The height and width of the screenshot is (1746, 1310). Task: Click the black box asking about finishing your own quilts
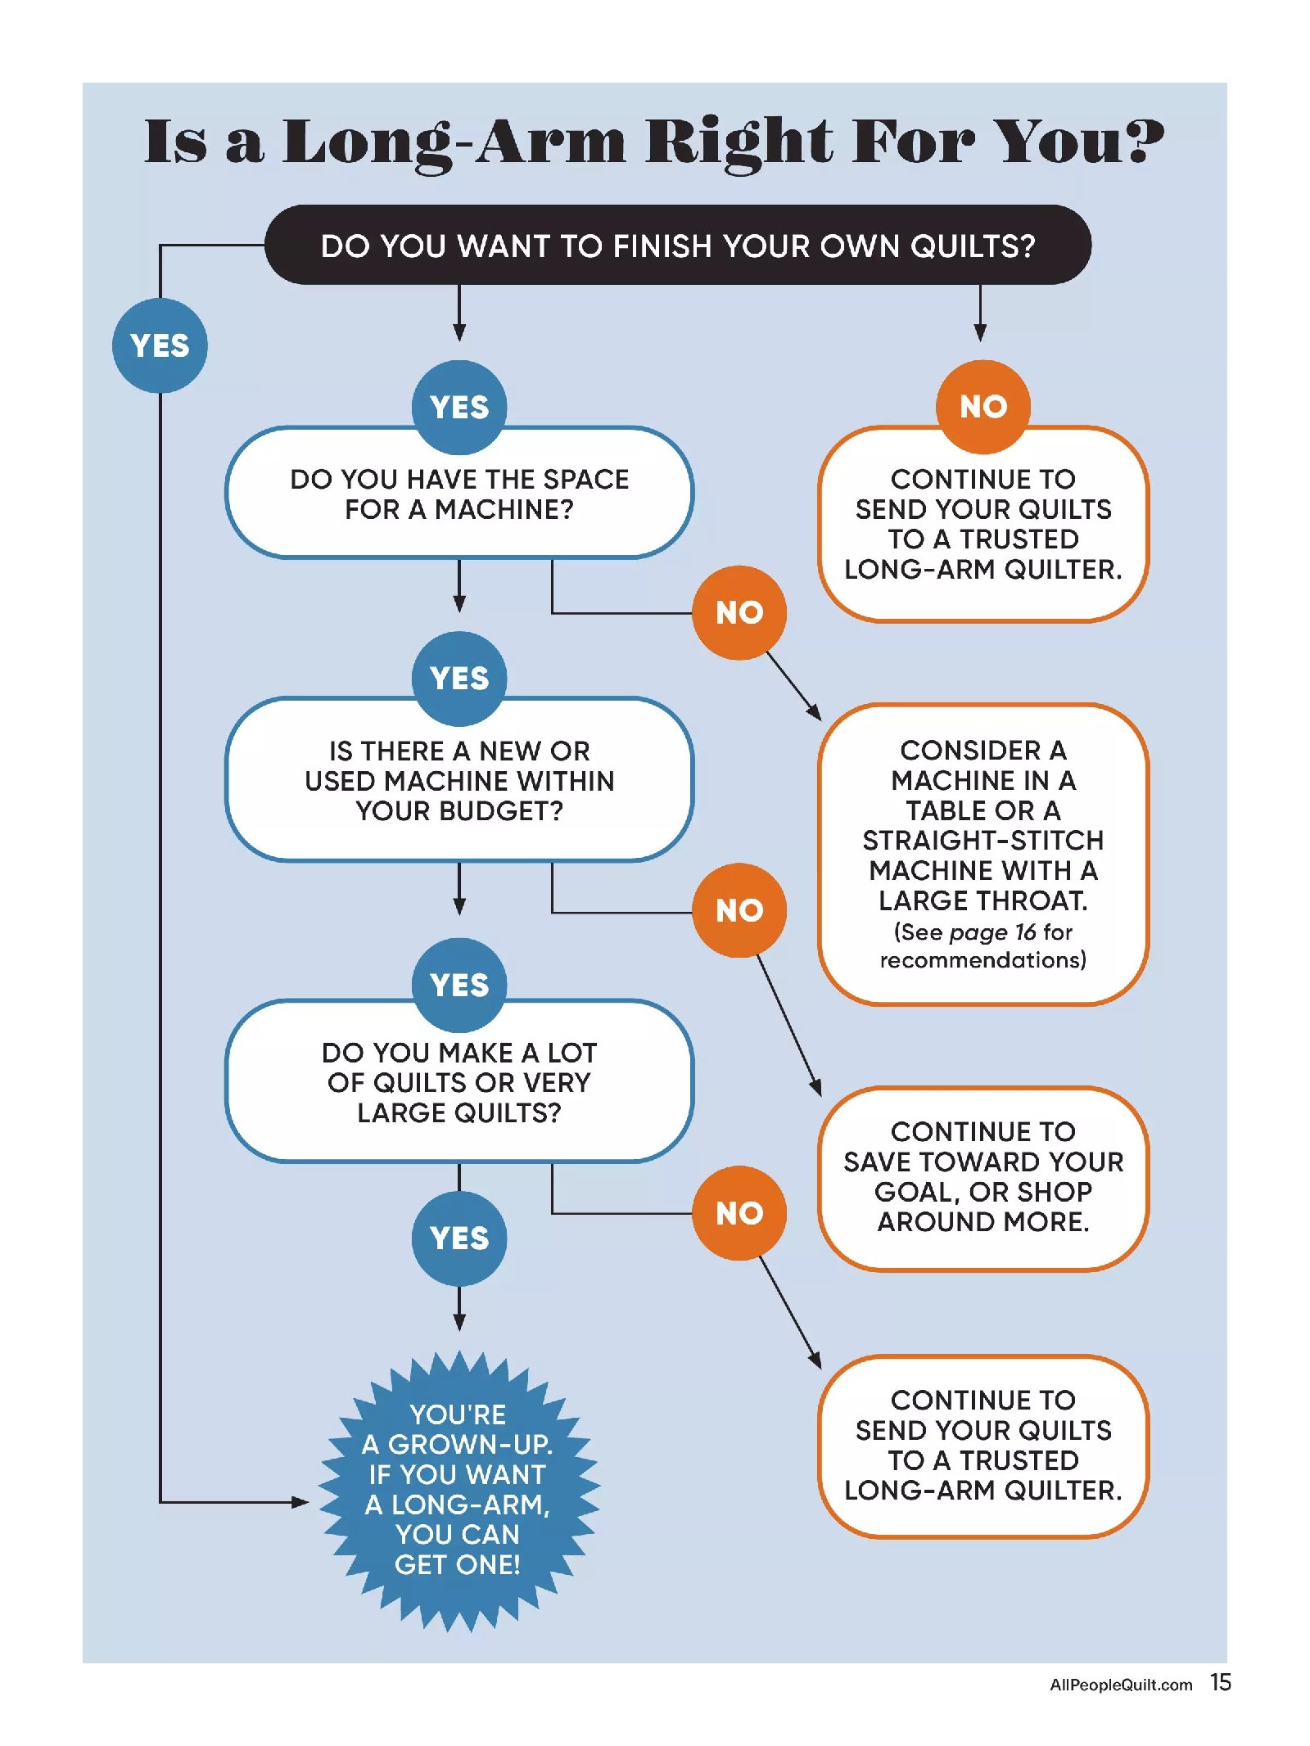point(677,245)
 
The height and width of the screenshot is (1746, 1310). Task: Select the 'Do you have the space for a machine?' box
point(458,494)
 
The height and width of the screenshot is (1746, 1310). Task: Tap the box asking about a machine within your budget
point(458,781)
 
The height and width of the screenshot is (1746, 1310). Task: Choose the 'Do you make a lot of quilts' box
point(458,1082)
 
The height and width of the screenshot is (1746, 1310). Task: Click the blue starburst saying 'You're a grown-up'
point(458,1490)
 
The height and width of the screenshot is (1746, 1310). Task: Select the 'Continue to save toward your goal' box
point(982,1177)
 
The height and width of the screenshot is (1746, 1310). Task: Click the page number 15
point(1220,1682)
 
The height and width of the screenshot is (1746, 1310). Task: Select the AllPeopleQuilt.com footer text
point(1120,1685)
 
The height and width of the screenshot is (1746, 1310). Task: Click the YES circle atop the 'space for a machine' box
point(459,407)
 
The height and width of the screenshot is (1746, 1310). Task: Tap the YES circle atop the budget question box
point(459,679)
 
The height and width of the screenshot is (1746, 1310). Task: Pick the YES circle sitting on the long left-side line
point(160,345)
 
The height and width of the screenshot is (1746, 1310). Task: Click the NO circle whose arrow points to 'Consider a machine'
point(739,612)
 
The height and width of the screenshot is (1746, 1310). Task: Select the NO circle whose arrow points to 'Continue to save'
point(739,910)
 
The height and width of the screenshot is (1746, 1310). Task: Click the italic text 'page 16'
point(992,932)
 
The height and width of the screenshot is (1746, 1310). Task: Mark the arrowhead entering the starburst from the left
point(300,1502)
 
